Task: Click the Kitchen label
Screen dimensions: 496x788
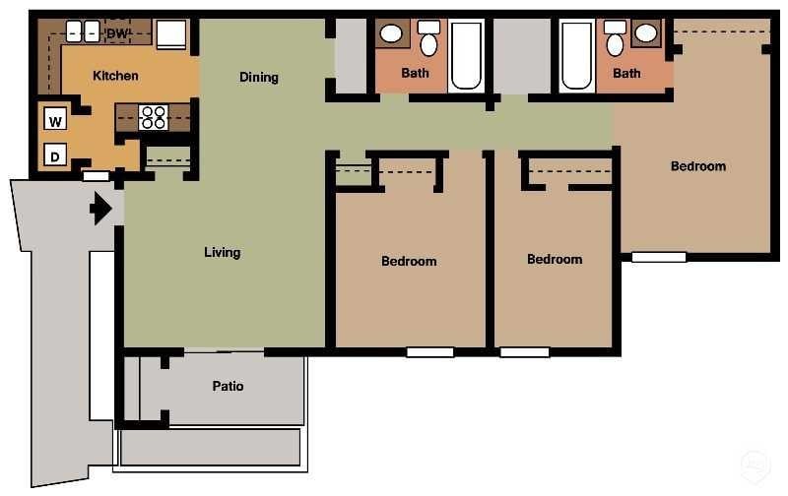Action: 115,76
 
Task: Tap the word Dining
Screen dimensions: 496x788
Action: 259,78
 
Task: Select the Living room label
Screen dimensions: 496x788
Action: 222,253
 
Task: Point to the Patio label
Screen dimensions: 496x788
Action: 228,387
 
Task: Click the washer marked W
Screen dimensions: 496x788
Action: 55,121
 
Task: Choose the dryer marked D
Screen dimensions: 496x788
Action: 55,155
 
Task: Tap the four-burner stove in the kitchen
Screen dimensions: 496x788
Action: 153,117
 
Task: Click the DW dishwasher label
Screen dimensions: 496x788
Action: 118,34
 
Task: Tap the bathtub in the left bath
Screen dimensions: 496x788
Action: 466,57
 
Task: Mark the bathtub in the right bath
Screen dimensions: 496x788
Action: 576,57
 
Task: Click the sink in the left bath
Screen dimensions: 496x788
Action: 391,34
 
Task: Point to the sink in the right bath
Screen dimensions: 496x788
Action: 646,34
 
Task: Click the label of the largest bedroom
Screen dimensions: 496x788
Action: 698,166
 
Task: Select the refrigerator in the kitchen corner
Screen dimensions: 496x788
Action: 170,33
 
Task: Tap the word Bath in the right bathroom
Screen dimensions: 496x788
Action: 626,73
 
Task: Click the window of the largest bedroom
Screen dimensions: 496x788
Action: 659,258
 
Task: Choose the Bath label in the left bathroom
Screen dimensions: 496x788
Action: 416,73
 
